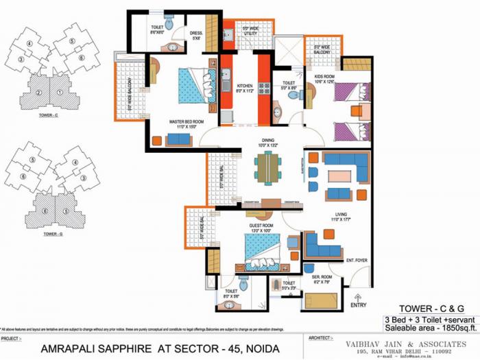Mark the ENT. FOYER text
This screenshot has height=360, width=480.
(x=356, y=260)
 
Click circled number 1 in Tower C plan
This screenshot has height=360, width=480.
(x=61, y=93)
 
